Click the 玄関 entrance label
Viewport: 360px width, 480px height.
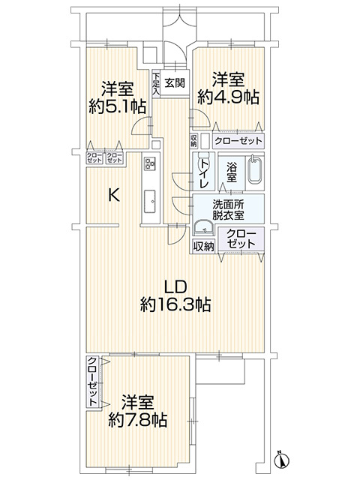click(175, 83)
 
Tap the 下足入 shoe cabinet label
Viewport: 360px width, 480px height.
click(155, 82)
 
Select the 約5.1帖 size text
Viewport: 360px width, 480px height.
click(117, 106)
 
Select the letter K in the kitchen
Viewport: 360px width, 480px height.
click(113, 196)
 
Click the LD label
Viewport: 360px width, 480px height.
click(175, 286)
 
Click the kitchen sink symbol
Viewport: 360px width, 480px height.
click(148, 199)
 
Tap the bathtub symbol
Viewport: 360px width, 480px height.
click(254, 171)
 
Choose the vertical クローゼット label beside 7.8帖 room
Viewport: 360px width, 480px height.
click(91, 382)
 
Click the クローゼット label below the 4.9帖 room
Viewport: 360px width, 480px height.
click(238, 141)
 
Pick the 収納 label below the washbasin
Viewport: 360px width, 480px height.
click(203, 246)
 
